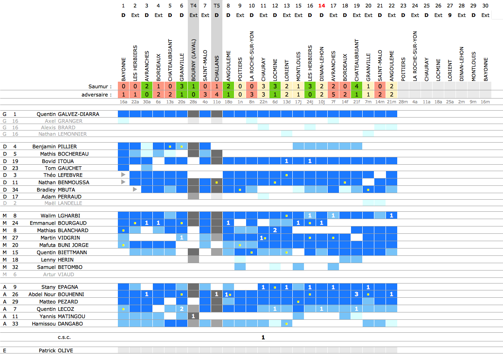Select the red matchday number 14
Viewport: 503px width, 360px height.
pyautogui.click(x=322, y=6)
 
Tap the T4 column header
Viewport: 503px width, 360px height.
pyautogui.click(x=193, y=6)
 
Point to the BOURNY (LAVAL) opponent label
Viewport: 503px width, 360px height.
pyautogui.click(x=193, y=62)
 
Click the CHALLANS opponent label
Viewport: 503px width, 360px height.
pyautogui.click(x=217, y=68)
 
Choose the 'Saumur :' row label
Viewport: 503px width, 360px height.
pyautogui.click(x=100, y=86)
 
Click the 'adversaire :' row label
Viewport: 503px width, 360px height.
pyautogui.click(x=97, y=94)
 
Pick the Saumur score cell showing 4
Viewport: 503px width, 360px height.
pyautogui.click(x=357, y=86)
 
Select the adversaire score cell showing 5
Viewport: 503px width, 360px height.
pyautogui.click(x=333, y=94)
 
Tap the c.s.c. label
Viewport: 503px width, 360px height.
pyautogui.click(x=64, y=337)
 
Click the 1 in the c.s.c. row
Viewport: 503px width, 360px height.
pyautogui.click(x=263, y=337)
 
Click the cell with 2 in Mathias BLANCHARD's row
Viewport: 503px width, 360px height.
pyautogui.click(x=275, y=230)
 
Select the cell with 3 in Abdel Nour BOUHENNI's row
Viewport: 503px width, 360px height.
pyautogui.click(x=357, y=294)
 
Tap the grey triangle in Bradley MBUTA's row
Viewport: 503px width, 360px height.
pyautogui.click(x=135, y=189)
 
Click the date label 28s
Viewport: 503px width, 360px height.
pyautogui.click(x=193, y=102)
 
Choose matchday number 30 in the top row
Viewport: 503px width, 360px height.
pyautogui.click(x=485, y=6)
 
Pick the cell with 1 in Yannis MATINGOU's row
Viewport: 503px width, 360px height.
pyautogui.click(x=193, y=316)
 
